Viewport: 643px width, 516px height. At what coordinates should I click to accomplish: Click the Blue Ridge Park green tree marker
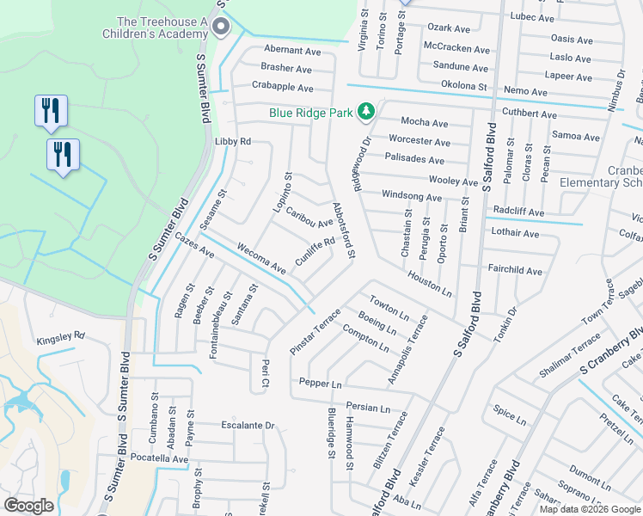(366, 111)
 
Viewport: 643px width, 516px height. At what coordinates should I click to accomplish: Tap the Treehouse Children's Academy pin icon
(222, 27)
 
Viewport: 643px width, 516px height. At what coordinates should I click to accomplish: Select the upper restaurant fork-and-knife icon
(51, 111)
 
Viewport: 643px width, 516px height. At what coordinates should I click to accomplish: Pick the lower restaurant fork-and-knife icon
(63, 155)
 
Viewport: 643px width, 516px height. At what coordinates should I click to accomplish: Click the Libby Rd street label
(232, 141)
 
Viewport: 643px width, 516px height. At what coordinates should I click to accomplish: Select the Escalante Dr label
(247, 425)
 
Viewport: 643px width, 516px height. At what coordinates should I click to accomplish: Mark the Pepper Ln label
(321, 382)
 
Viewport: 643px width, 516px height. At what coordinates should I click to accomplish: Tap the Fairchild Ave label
(515, 271)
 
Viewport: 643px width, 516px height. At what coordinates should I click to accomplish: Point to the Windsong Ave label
(411, 197)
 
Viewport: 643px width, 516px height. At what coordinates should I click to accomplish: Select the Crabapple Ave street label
(281, 86)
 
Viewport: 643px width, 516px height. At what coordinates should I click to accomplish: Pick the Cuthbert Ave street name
(530, 114)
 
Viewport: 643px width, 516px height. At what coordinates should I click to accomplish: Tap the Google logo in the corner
(29, 505)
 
